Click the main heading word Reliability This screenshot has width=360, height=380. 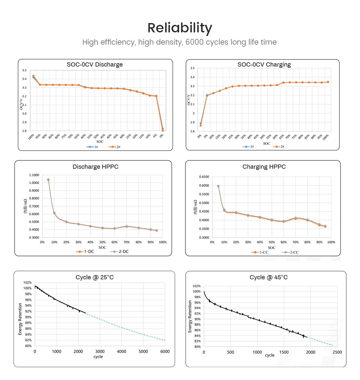coord(180,28)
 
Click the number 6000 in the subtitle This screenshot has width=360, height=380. coord(194,42)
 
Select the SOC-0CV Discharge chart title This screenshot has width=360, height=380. coord(94,64)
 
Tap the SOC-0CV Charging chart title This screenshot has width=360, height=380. coord(264,64)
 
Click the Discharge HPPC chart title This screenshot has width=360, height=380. coord(95,167)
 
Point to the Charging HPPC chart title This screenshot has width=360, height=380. coord(264,167)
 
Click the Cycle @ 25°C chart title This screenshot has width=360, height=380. coord(94,277)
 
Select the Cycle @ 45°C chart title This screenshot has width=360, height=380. coord(268,277)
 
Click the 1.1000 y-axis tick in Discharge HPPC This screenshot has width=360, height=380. coord(34,175)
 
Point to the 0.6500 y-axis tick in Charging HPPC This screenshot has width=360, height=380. coord(204,177)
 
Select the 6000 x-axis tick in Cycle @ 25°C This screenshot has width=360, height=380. coord(165,352)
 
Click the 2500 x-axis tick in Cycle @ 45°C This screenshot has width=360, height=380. coord(337,352)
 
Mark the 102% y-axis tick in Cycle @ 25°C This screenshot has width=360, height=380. coord(27,283)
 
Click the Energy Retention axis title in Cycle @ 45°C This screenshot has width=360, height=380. coord(190,316)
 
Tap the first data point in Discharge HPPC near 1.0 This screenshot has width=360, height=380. coord(48,180)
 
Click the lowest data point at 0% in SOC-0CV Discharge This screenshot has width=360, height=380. coord(163,130)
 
